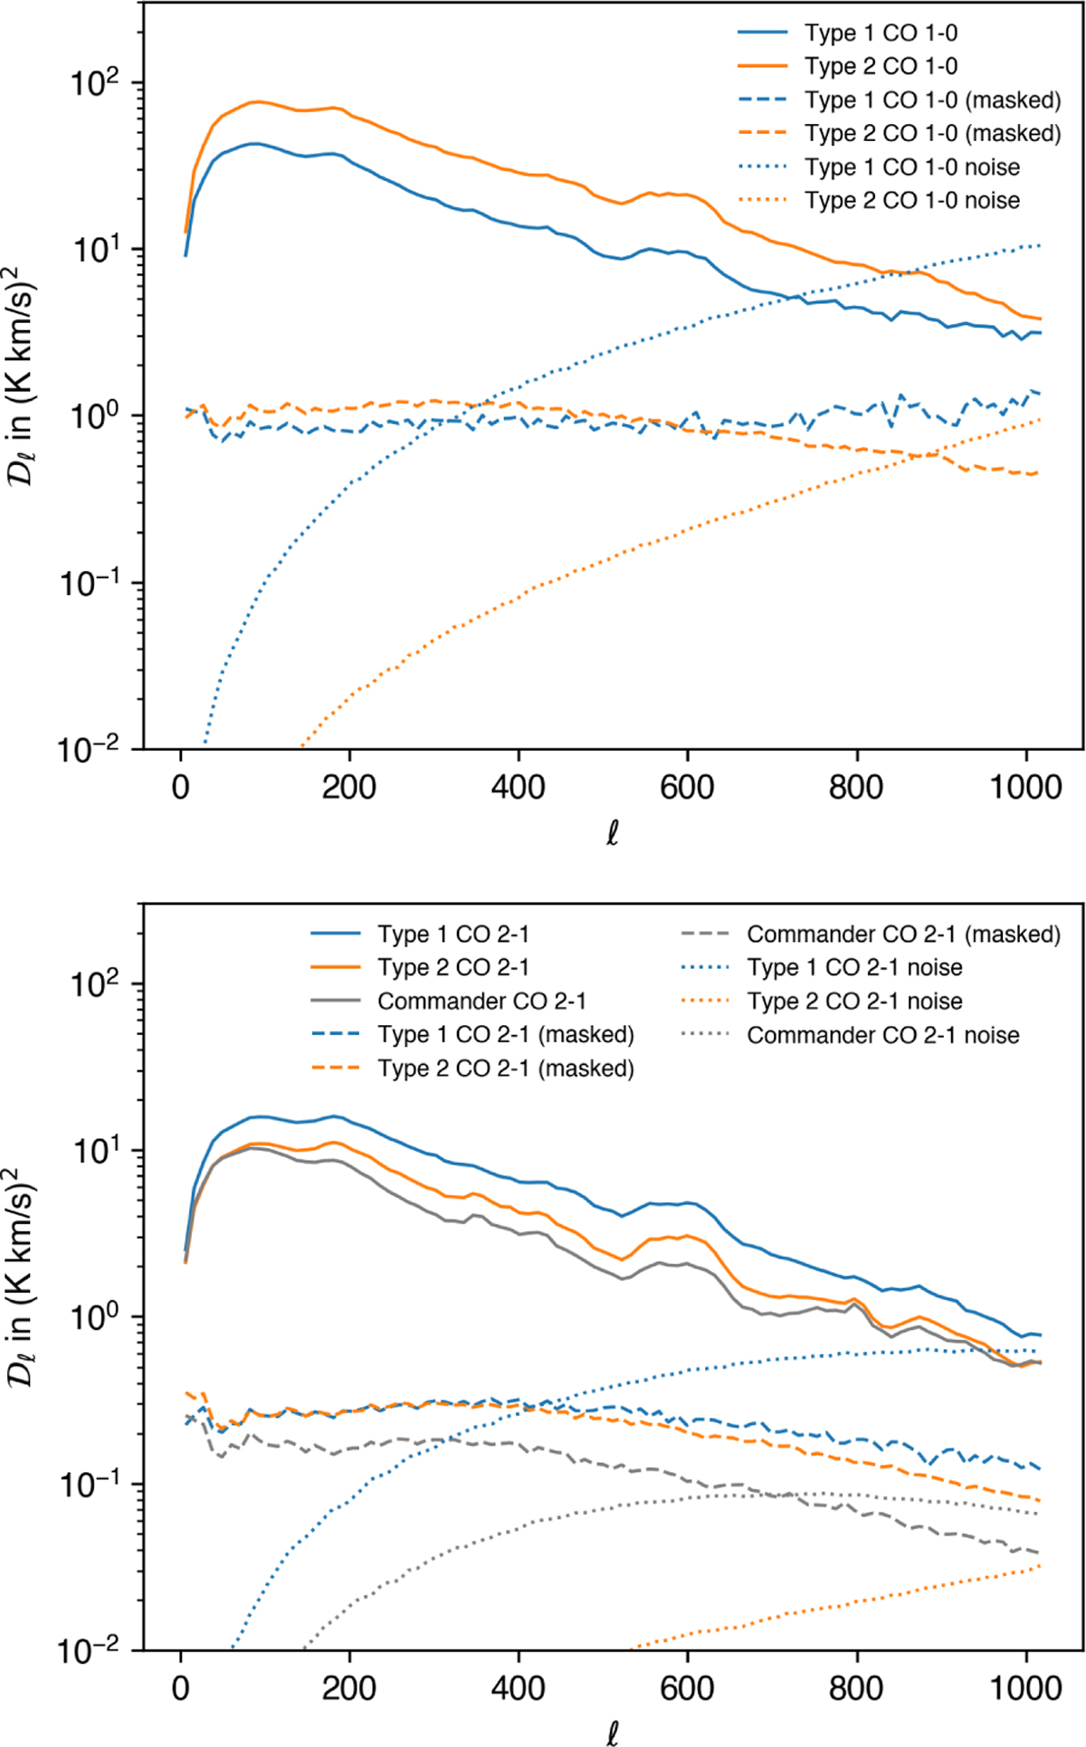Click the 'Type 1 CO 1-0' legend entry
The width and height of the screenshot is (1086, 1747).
(881, 33)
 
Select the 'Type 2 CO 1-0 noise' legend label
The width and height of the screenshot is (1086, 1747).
(912, 201)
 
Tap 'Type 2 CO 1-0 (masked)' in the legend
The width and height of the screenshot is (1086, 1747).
(932, 134)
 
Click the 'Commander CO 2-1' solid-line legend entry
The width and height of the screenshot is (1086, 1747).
(481, 1002)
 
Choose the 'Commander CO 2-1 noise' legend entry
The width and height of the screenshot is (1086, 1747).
(882, 1035)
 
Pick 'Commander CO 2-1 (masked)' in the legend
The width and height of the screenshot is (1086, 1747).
(903, 935)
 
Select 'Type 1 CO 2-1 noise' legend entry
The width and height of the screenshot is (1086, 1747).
(854, 968)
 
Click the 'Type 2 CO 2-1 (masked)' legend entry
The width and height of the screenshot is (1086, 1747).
(505, 1068)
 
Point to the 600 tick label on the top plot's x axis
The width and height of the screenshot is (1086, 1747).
(687, 787)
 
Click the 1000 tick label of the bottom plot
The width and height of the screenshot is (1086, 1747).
(1025, 1689)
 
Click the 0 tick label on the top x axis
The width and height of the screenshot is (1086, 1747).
(181, 787)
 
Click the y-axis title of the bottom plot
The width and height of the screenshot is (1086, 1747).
(24, 1284)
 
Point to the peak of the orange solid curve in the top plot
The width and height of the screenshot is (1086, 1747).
(259, 101)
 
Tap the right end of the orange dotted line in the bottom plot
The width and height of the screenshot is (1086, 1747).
(1039, 1565)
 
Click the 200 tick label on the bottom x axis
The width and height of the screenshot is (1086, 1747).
(349, 1689)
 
